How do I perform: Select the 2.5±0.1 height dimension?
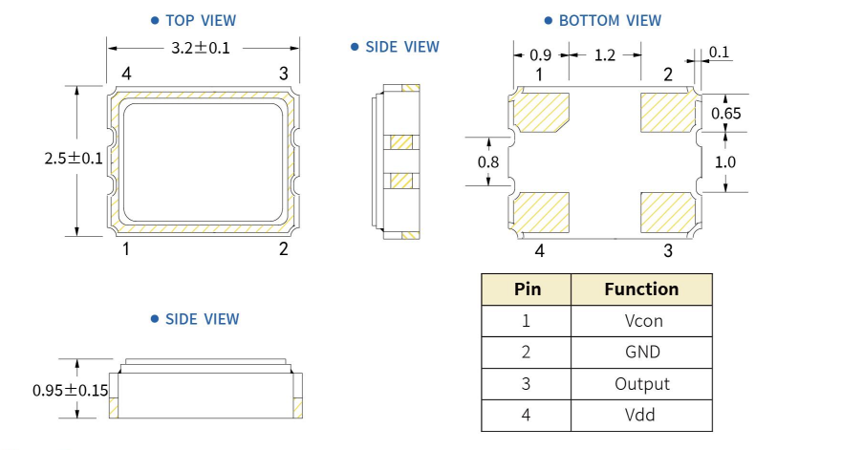coord(73,159)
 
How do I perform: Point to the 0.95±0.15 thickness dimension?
coord(68,390)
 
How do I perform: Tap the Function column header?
coord(641,289)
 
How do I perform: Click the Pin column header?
coord(527,289)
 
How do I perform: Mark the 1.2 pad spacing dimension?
coord(605,55)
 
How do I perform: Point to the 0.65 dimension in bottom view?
coord(726,114)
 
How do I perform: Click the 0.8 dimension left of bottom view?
coord(487,161)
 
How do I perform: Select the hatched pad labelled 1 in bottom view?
coord(542,113)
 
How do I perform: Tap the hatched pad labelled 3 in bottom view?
coord(667,212)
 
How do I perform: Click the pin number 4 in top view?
coord(126,74)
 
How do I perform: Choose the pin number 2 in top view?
coord(283,250)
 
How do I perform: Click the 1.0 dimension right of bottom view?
coord(725,161)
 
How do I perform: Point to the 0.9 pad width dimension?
coord(540,55)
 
